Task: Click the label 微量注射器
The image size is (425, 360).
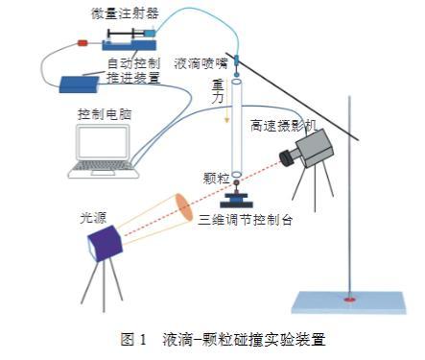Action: (125, 13)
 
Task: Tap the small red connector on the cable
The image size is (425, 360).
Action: (83, 43)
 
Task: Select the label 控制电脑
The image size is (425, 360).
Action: (105, 114)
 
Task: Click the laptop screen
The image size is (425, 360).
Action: (103, 142)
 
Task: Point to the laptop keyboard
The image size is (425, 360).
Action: (103, 166)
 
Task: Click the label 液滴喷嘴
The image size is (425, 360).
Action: (201, 63)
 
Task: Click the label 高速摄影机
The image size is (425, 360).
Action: (283, 126)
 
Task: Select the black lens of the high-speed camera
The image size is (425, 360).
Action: (287, 157)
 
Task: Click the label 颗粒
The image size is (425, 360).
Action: (217, 179)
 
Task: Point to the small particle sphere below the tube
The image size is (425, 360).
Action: (237, 182)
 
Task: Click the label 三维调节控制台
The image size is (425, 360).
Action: (246, 220)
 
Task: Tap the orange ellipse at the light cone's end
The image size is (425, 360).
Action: (184, 207)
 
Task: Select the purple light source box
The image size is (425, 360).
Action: (105, 244)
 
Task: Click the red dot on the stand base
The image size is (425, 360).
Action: (349, 300)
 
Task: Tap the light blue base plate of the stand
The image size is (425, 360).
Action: (348, 302)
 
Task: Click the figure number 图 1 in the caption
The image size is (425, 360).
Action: (133, 339)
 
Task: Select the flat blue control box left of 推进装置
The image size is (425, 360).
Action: (80, 84)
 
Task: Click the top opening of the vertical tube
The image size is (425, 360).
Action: (237, 82)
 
